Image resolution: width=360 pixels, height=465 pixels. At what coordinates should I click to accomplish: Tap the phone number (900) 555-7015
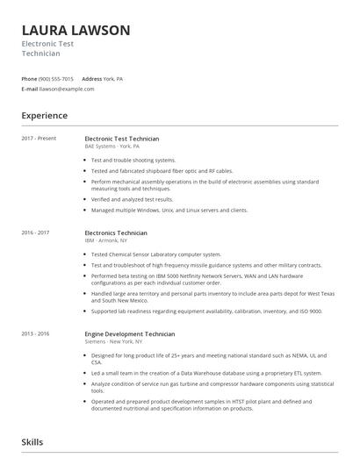click(x=56, y=79)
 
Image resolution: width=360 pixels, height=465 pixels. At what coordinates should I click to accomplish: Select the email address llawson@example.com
click(x=67, y=89)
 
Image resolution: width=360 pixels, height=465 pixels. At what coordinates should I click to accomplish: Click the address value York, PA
click(x=115, y=79)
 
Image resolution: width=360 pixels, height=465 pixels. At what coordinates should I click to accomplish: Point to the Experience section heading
click(x=45, y=115)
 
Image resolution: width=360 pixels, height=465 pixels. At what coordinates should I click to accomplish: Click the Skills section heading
click(x=32, y=442)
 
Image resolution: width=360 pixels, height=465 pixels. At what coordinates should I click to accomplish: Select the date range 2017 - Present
click(x=38, y=139)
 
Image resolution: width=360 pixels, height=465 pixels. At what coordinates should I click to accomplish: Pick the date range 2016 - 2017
click(x=36, y=232)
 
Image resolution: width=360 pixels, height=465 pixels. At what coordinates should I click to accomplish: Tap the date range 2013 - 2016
click(x=36, y=334)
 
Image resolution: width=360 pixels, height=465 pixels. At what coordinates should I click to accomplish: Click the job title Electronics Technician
click(x=116, y=232)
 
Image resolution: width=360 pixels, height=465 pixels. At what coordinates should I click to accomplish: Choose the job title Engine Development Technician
click(x=129, y=334)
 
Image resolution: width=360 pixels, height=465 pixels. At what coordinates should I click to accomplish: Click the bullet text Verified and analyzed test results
click(x=133, y=199)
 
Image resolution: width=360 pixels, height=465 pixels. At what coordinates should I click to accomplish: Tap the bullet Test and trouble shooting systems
click(x=133, y=161)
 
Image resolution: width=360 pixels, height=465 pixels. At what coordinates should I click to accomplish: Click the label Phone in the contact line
click(x=29, y=79)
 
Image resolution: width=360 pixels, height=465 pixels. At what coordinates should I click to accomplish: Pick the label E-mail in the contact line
click(x=30, y=89)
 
